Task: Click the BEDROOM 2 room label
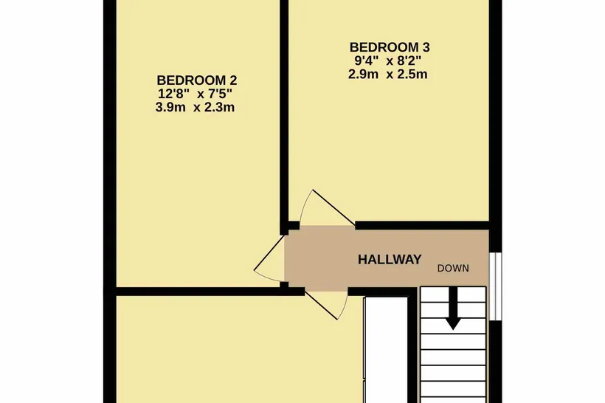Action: click(197, 80)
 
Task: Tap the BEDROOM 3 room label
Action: click(390, 47)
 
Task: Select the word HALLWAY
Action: click(390, 259)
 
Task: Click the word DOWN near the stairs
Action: click(453, 268)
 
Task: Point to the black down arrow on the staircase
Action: click(453, 309)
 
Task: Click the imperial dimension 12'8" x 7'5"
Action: click(196, 94)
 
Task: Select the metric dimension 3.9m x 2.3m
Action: click(195, 107)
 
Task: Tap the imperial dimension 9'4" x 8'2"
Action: click(388, 61)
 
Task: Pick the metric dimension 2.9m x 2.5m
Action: click(388, 74)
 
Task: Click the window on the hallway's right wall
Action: click(495, 286)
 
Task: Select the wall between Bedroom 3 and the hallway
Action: click(422, 225)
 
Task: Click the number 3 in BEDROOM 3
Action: click(426, 47)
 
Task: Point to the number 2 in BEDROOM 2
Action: click(233, 80)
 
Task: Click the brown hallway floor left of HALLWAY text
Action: click(320, 258)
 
